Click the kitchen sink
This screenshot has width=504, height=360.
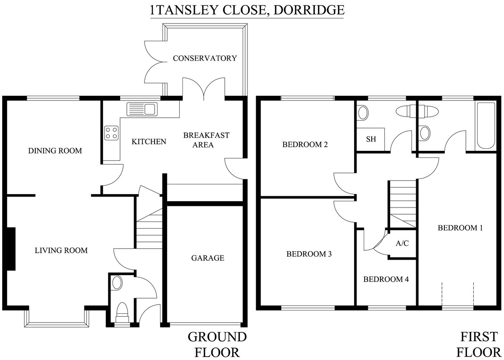[x=142, y=109]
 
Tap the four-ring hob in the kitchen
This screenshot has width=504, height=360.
[x=111, y=133]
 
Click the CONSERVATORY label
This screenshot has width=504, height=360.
[x=205, y=58]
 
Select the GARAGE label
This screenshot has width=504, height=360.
[x=207, y=258]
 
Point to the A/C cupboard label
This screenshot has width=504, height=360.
[x=402, y=243]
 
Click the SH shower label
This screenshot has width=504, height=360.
[x=371, y=139]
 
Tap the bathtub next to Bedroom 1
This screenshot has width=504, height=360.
[x=486, y=126]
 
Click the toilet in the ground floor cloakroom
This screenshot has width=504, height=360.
[x=122, y=313]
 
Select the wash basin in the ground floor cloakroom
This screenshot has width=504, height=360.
[x=117, y=283]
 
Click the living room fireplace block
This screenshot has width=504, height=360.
[x=11, y=249]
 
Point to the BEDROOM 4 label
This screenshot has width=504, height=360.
[x=386, y=279]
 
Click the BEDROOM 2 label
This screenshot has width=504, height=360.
[x=305, y=145]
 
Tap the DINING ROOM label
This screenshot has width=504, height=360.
[x=55, y=151]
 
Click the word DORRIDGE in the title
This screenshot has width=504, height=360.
[x=309, y=10]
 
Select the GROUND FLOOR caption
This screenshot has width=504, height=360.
[x=217, y=345]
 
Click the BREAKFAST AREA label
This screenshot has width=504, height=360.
[x=206, y=140]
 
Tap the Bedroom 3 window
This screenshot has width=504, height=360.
[x=308, y=308]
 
